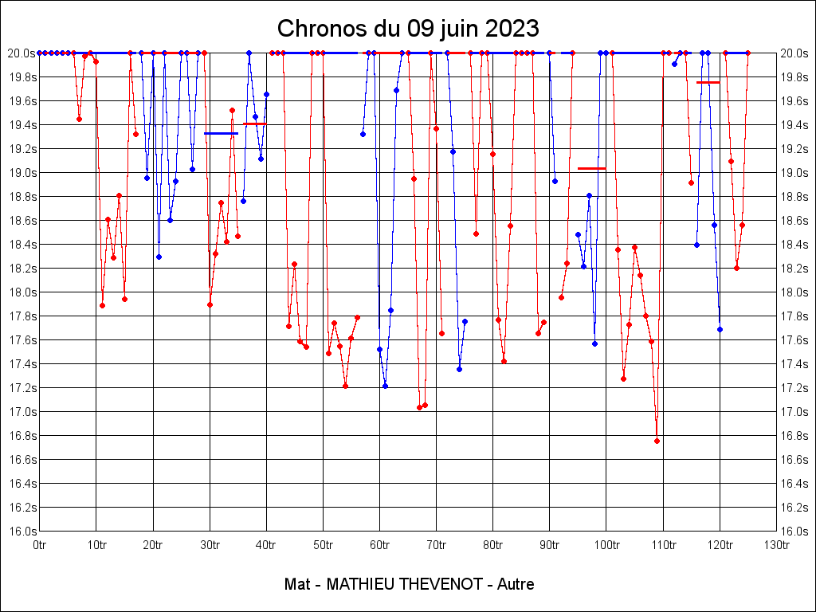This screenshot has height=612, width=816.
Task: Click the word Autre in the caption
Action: point(516,584)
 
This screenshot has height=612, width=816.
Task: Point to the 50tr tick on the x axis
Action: point(323,545)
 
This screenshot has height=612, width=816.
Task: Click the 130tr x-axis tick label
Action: point(776,545)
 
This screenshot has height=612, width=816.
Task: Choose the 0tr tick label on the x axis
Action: point(40,545)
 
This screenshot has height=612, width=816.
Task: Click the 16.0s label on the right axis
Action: point(794,532)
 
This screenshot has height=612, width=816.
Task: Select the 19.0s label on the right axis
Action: point(794,173)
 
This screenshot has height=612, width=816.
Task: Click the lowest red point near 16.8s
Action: point(657,441)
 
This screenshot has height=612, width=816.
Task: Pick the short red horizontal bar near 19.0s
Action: point(591,168)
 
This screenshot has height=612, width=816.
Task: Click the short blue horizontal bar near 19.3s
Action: point(221,133)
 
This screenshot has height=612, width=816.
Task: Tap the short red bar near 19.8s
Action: point(708,82)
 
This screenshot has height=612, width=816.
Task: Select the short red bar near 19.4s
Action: point(254,124)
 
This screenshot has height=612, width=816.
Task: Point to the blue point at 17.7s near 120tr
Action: point(720,329)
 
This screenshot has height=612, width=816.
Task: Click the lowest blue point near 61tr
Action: point(385,386)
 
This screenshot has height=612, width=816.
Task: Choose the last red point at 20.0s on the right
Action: point(747,53)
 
